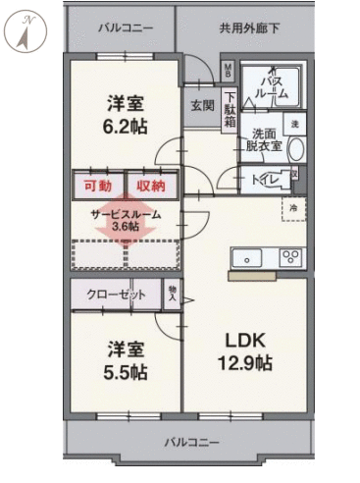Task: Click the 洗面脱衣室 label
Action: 266,139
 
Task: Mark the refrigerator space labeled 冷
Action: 293,207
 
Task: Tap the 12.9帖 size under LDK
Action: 244,362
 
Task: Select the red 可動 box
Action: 97,185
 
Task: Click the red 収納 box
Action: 150,185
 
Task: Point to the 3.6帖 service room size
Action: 126,226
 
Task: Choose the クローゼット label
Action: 116,295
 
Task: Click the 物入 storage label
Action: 172,294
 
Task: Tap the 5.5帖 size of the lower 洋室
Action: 125,372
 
